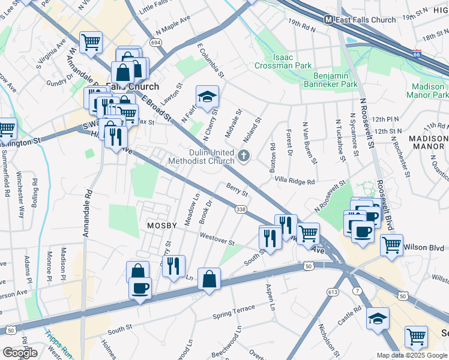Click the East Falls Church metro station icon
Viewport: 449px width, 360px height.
(x=329, y=19)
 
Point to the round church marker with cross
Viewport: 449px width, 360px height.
(x=244, y=157)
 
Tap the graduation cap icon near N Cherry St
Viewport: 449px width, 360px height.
(x=207, y=96)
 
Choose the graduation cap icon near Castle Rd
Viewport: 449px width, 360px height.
(x=378, y=319)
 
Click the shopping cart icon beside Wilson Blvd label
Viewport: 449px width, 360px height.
(x=391, y=244)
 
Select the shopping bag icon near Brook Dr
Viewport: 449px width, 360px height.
(x=208, y=279)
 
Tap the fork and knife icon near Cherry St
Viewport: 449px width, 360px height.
(x=173, y=266)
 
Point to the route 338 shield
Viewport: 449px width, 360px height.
(x=241, y=209)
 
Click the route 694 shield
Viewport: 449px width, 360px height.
(x=155, y=43)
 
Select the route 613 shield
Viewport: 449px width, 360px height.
(x=333, y=292)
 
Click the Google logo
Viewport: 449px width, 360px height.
(x=20, y=352)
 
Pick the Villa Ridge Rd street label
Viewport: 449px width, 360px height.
(x=294, y=181)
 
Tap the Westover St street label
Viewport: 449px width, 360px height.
(x=217, y=242)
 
